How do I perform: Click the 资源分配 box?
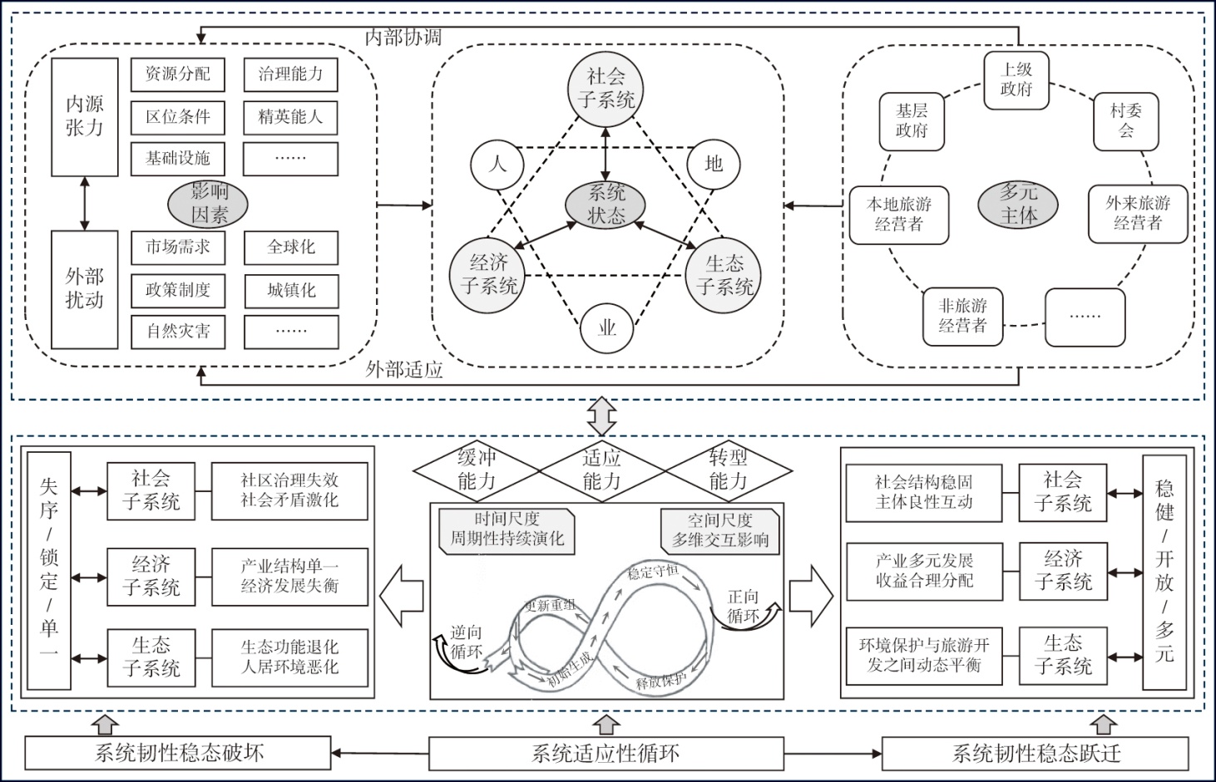[178, 74]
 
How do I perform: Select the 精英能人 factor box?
[290, 117]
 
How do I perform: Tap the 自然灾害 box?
[178, 332]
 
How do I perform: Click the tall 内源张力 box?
[84, 116]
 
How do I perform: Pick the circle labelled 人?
[497, 164]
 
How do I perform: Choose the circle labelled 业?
[606, 327]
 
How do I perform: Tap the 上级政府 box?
[1016, 81]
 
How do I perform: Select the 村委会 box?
[1125, 121]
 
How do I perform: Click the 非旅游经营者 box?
[962, 317]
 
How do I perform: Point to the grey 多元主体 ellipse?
[1018, 204]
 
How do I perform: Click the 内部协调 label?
[403, 37]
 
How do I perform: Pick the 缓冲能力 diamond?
[476, 470]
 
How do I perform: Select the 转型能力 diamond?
[728, 470]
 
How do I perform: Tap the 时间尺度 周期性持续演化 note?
[507, 529]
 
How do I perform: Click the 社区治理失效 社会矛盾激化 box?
[289, 490]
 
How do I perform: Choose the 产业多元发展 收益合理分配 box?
[924, 571]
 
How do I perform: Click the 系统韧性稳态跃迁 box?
[1036, 754]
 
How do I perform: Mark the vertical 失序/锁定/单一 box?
[49, 570]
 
